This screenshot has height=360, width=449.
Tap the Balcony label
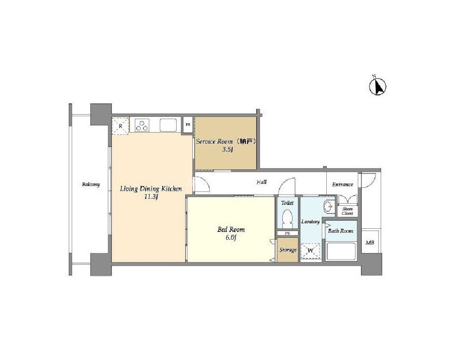[91, 184]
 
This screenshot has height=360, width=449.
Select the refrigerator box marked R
[120, 126]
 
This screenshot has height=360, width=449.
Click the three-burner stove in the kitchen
[142, 125]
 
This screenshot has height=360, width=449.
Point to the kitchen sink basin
[168, 125]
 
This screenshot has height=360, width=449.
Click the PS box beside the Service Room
[188, 125]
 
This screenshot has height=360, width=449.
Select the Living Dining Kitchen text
[151, 189]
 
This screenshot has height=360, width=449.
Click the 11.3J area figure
[151, 197]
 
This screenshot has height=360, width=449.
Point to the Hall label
[262, 182]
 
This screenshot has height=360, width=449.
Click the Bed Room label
[231, 229]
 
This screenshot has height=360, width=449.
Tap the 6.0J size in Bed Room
[231, 237]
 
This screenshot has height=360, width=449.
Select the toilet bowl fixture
[287, 218]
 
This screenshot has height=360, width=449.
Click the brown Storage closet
[288, 250]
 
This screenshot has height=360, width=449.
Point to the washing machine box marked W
[311, 251]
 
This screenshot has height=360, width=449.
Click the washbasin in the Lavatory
[329, 206]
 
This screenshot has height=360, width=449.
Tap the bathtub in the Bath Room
[341, 251]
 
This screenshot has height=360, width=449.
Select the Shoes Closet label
[347, 211]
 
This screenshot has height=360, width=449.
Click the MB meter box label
[370, 243]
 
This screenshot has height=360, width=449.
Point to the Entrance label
[342, 184]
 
